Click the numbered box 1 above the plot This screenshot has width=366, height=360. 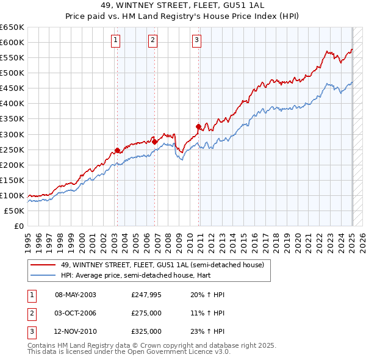(x=116, y=41)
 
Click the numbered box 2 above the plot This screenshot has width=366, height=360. (x=152, y=41)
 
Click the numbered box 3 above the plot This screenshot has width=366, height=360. (x=197, y=41)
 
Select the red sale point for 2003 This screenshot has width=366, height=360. (x=117, y=149)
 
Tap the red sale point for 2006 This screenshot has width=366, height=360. (x=154, y=142)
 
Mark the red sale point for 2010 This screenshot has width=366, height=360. (x=198, y=126)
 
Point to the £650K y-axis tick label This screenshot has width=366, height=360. (x=12, y=27)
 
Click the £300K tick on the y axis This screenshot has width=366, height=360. (x=12, y=134)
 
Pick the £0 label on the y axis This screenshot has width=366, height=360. (x=18, y=226)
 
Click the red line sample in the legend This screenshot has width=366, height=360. (x=43, y=265)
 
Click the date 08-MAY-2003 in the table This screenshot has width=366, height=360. (x=75, y=295)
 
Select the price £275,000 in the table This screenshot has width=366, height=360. (x=146, y=313)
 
